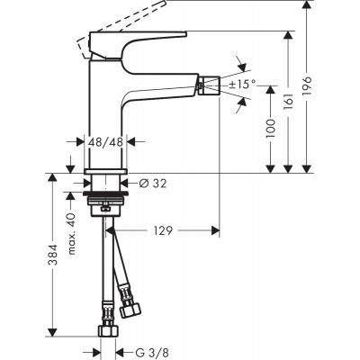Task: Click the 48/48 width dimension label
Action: click(106, 142)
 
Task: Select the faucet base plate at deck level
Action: click(106, 170)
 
